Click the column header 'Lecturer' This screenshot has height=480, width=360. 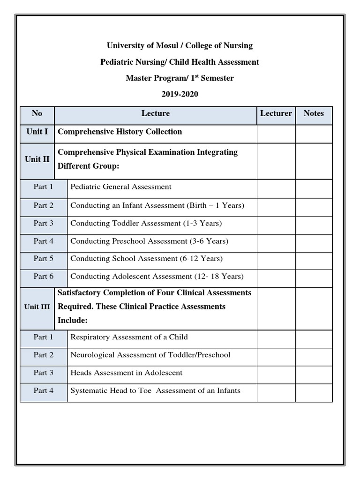(x=276, y=113)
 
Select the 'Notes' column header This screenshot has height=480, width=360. (x=314, y=113)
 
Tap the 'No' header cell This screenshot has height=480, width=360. (x=37, y=113)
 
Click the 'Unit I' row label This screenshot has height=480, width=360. (x=37, y=132)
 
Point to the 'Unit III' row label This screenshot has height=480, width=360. (x=37, y=307)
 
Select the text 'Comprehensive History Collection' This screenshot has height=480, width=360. (x=120, y=132)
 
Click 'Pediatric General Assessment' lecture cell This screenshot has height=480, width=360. (x=121, y=187)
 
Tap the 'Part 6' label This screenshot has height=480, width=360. (x=44, y=277)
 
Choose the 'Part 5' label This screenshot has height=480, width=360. (x=44, y=259)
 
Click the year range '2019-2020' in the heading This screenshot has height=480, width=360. (x=180, y=94)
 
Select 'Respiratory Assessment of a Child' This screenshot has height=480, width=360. (x=129, y=337)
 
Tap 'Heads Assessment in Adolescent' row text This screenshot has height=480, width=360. (x=126, y=373)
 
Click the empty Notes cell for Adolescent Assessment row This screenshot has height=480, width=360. (x=314, y=277)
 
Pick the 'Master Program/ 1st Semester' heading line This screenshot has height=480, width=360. (x=180, y=78)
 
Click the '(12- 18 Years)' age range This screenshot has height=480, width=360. (x=219, y=277)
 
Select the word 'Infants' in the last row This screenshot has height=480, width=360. (x=227, y=391)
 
